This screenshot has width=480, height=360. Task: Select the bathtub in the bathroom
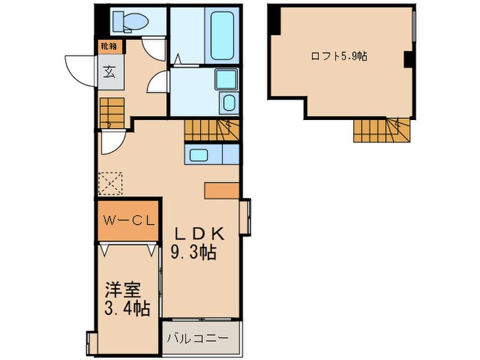pyautogui.click(x=222, y=36)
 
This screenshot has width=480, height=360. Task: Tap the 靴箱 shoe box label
pyautogui.click(x=108, y=47)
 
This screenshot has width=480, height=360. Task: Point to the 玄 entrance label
pyautogui.click(x=110, y=71)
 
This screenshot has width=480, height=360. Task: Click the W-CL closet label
pyautogui.click(x=128, y=221)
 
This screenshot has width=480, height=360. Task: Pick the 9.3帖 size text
pyautogui.click(x=193, y=252)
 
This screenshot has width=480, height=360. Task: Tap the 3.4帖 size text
pyautogui.click(x=128, y=309)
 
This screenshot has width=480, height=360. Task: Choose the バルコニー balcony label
pyautogui.click(x=201, y=337)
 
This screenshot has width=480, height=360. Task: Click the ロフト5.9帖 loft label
pyautogui.click(x=341, y=56)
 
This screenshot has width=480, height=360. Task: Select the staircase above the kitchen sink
pyautogui.click(x=211, y=130)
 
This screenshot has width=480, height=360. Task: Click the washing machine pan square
pyautogui.click(x=225, y=80)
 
